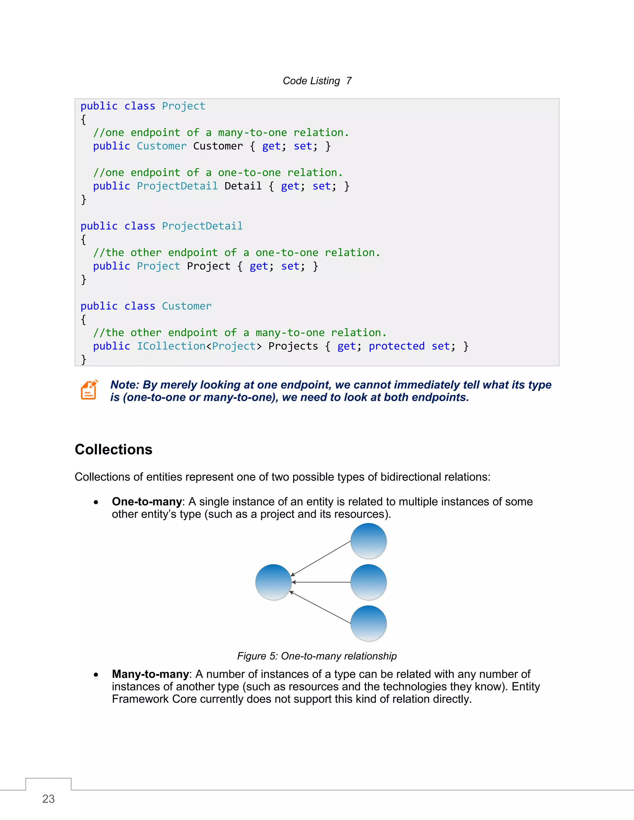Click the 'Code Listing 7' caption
coord(317,81)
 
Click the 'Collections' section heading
coord(113,449)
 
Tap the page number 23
coord(49,799)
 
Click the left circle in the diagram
coord(273,582)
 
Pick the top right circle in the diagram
coord(368,541)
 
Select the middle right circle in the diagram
coord(368,582)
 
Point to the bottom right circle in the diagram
coord(368,623)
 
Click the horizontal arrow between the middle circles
coord(321,582)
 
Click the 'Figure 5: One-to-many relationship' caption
coord(317,656)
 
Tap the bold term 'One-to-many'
coord(147,502)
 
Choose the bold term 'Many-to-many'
coord(150,674)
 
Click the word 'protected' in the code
coord(397,346)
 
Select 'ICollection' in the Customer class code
coord(171,346)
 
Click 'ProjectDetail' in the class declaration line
coord(202,226)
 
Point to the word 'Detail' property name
coord(243,186)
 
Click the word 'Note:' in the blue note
coord(125,385)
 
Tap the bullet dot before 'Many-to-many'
coord(96,675)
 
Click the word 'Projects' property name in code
coord(293,346)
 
